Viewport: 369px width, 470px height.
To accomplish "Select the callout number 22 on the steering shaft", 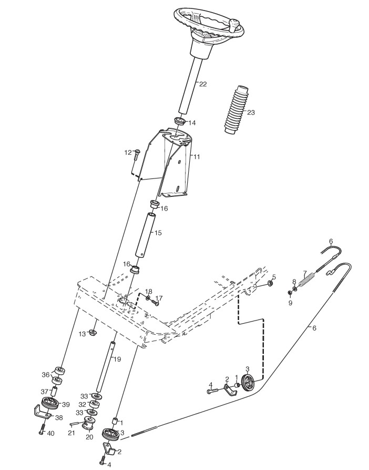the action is coord(202,84).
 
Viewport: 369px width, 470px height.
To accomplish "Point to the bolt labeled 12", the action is coord(137,154).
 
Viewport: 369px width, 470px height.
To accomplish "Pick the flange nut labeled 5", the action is coord(269,284).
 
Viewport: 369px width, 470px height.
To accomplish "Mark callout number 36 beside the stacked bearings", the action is coord(46,375).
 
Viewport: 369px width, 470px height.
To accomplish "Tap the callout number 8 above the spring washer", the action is coord(294,282).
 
